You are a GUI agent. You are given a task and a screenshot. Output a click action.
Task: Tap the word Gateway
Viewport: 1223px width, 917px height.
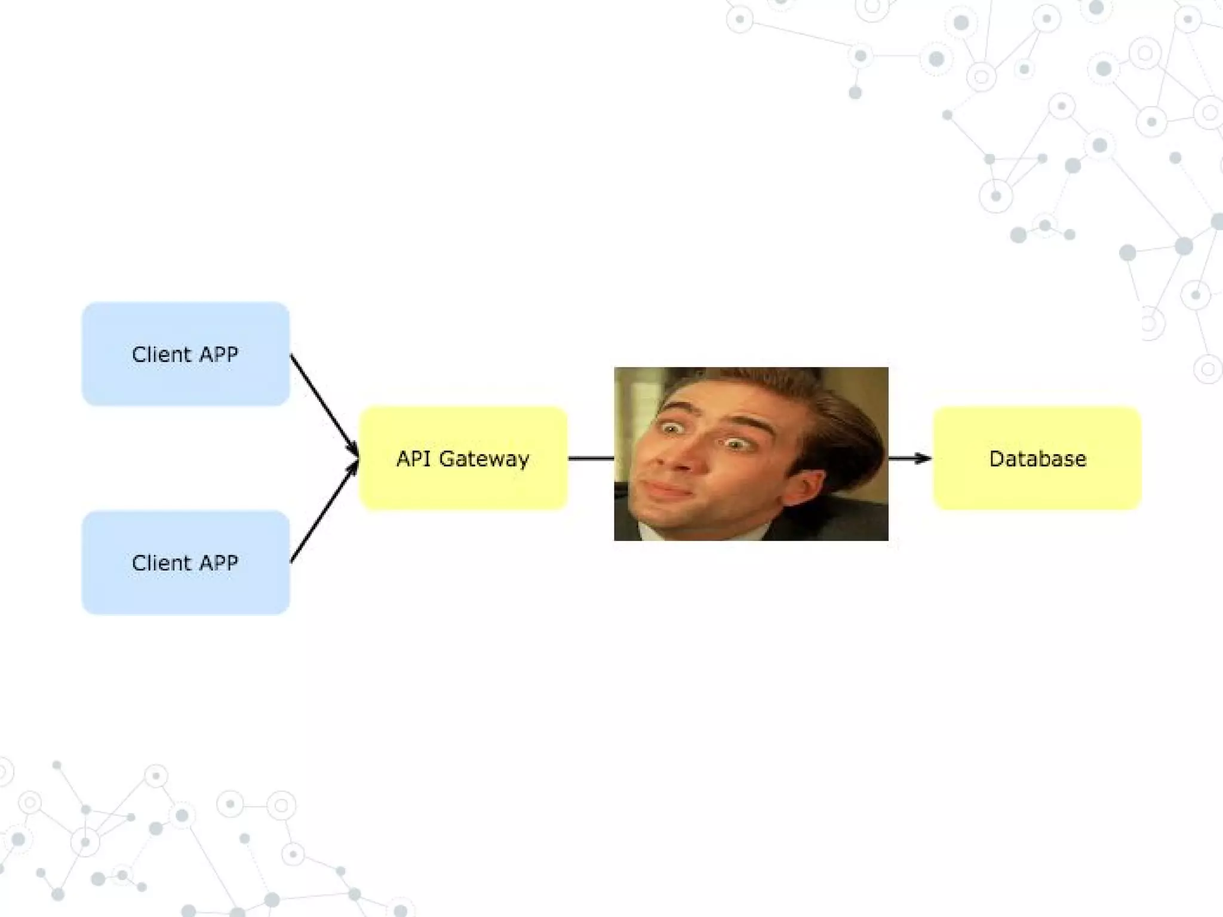point(484,459)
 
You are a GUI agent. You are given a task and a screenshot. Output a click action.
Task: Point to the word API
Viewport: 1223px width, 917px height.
point(413,458)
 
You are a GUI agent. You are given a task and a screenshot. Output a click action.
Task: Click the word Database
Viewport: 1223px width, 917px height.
point(1037,458)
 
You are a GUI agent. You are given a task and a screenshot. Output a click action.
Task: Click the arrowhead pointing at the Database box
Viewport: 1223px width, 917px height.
point(924,458)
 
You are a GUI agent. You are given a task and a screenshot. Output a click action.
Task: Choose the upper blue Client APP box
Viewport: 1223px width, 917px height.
point(186,382)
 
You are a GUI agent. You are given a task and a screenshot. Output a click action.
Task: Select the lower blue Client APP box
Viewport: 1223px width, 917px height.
point(186,591)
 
